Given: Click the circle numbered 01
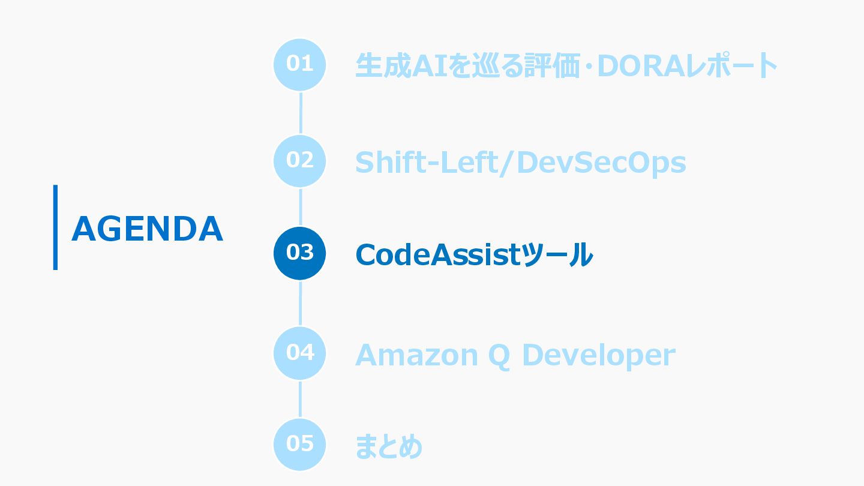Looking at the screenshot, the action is pos(299,64).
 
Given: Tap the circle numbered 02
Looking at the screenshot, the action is pos(299,161).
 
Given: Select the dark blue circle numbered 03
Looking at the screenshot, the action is pos(299,253).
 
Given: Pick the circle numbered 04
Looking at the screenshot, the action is pos(299,353).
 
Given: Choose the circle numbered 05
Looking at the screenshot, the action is pos(299,445).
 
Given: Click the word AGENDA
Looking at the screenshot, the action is pos(147,229).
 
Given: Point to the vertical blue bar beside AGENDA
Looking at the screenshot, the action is pos(55,227).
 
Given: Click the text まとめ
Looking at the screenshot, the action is pos(389,446).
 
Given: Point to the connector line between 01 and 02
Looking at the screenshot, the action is pos(300,113).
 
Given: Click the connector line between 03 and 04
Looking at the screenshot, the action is pos(300,303).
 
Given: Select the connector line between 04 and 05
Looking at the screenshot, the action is pos(300,399).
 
